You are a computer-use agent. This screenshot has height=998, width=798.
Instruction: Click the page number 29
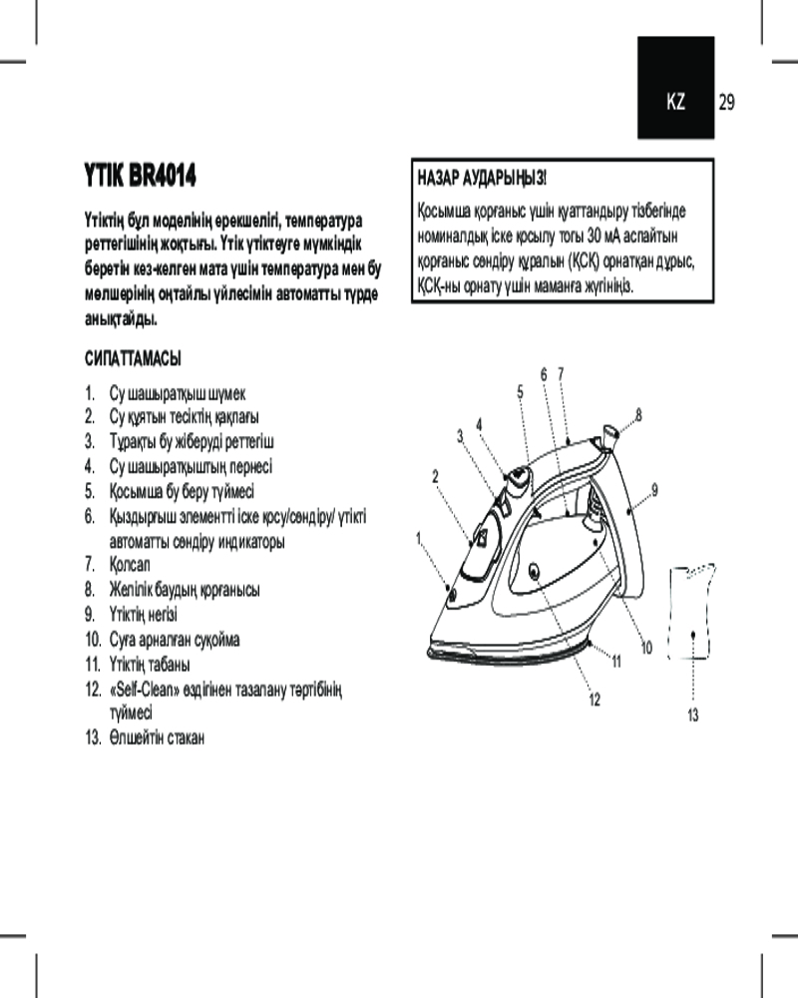[x=726, y=102]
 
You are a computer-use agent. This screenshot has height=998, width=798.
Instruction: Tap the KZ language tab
[x=676, y=102]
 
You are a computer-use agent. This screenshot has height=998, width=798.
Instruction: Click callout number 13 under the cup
[x=693, y=715]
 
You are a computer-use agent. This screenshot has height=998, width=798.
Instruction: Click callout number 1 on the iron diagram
[x=420, y=538]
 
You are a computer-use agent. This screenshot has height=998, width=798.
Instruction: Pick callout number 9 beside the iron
[x=654, y=488]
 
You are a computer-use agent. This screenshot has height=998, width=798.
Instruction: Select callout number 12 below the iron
[x=595, y=699]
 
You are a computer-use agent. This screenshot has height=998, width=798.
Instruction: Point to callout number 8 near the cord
[x=638, y=413]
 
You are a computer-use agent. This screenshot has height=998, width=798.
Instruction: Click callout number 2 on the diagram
[x=436, y=476]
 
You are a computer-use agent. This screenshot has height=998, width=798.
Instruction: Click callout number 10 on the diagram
[x=645, y=649]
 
